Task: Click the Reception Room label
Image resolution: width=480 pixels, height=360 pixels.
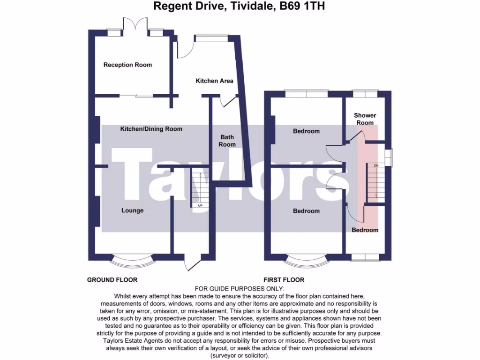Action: (127, 65)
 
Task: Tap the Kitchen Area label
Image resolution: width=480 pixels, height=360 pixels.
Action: (214, 81)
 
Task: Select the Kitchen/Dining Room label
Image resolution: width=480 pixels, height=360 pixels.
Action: (151, 128)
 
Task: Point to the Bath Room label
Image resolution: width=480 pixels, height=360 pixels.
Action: (227, 141)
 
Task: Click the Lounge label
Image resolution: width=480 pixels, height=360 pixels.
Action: (133, 210)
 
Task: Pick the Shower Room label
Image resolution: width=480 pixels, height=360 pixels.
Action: (365, 119)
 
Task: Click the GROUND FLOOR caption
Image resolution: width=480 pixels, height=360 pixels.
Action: (112, 280)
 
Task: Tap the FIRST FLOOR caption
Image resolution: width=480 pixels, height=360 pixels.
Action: (283, 280)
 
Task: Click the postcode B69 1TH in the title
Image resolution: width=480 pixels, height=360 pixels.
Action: (306, 7)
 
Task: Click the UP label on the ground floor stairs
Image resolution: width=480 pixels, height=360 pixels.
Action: (201, 205)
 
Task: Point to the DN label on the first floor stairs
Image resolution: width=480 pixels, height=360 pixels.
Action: (375, 166)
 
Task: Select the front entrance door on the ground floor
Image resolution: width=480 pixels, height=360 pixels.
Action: (192, 263)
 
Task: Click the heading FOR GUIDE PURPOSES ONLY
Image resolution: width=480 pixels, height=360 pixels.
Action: (240, 289)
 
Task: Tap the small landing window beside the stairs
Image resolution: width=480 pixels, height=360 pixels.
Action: (389, 157)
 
